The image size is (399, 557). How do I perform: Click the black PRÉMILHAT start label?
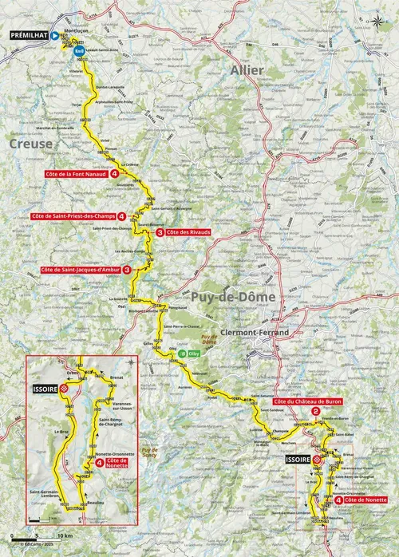pyautogui.click(x=28, y=36)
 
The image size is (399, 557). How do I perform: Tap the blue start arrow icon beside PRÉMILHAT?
pyautogui.click(x=53, y=36)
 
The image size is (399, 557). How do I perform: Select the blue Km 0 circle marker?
pyautogui.click(x=77, y=50)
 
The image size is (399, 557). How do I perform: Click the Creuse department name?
pyautogui.click(x=30, y=144)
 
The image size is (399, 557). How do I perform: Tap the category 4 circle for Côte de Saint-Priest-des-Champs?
pyautogui.click(x=120, y=216)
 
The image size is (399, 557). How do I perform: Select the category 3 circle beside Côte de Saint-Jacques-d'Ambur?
pyautogui.click(x=126, y=270)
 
